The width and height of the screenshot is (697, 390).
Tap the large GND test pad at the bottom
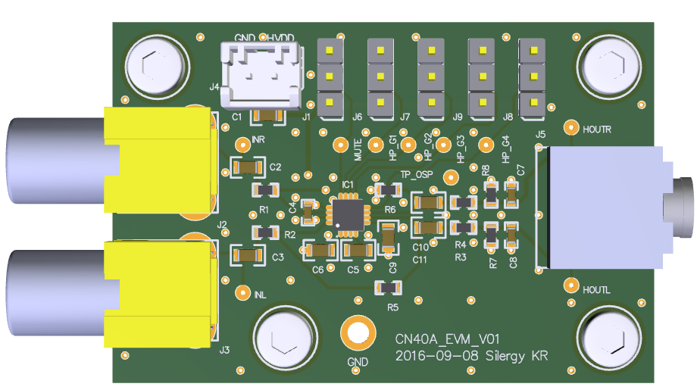click(357, 332)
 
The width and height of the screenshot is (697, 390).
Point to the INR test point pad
click(240, 142)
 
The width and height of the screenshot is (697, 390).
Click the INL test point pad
click(244, 292)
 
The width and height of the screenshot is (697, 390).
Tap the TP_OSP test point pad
click(450, 176)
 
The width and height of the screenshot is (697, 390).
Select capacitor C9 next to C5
click(388, 237)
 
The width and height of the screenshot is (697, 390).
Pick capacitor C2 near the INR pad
click(245, 167)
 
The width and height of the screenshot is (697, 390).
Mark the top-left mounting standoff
click(157, 67)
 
